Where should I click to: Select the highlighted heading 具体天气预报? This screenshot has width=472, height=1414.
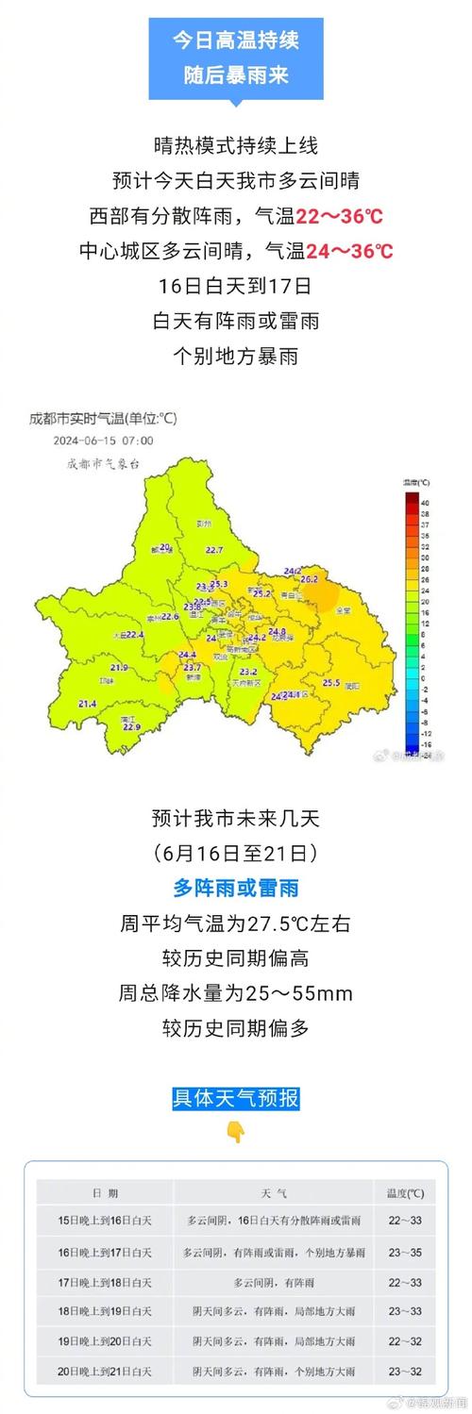click(235, 1098)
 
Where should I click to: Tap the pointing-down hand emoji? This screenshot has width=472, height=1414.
click(235, 1132)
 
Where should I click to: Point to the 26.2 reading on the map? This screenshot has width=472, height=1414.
click(310, 578)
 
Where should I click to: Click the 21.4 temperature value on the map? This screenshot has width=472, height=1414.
click(88, 704)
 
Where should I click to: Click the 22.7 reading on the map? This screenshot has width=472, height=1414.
click(214, 550)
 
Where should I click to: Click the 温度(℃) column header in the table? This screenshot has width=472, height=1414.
click(405, 1193)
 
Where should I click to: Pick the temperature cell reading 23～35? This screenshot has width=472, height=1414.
click(405, 1252)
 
